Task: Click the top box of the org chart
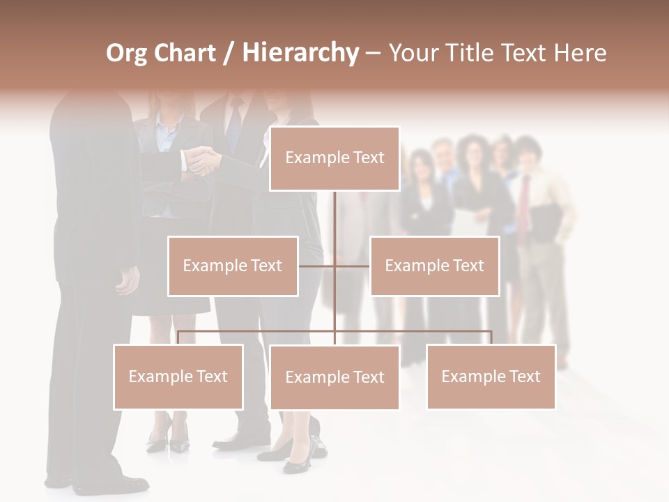pos(334,158)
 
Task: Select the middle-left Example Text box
pos(233,266)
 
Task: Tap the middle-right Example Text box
pos(434,266)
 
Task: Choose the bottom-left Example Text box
pos(178,376)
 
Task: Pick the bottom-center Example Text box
pos(334,377)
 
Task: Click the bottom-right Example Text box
pos(491,376)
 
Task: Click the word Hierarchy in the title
pos(300,53)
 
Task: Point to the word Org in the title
pos(126,53)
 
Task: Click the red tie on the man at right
pos(524,202)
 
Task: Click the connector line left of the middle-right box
pos(352,266)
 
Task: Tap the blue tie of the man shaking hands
pos(234,125)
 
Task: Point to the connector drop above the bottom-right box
pos(491,337)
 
